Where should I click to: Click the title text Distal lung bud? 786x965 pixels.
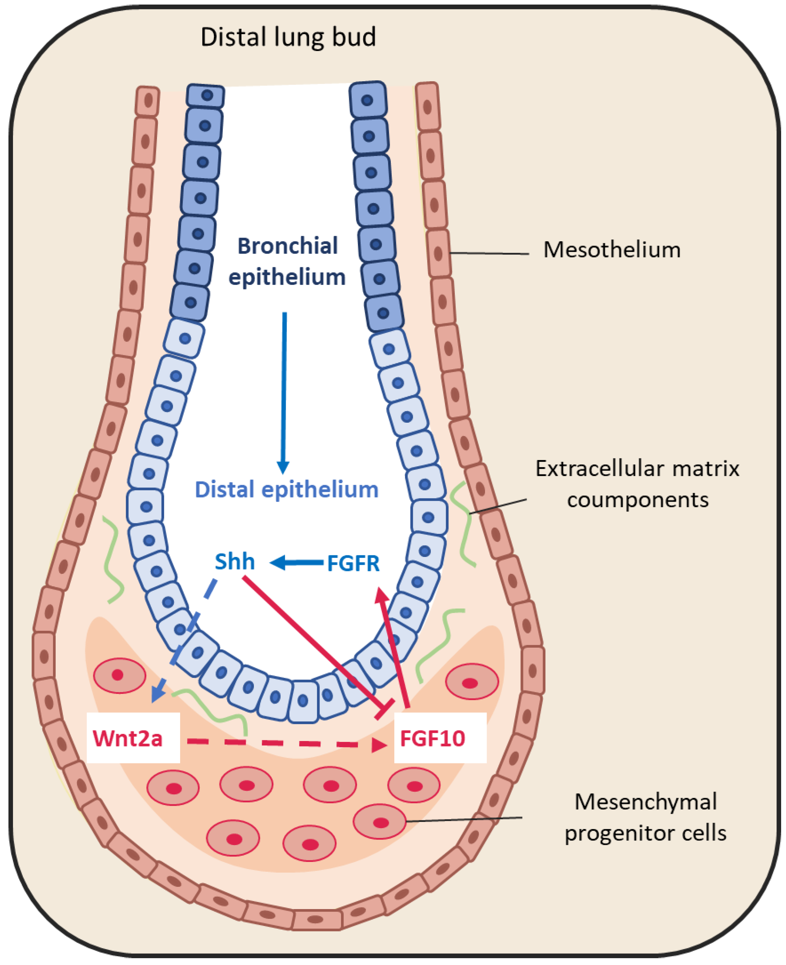[x=288, y=37]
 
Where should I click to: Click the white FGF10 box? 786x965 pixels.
[x=440, y=738]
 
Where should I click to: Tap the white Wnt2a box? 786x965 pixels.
[x=133, y=738]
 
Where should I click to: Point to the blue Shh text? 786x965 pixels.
[x=235, y=562]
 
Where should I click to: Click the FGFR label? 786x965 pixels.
[x=353, y=564]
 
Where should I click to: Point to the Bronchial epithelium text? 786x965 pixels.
[x=287, y=261]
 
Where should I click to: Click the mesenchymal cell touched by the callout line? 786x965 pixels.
[x=379, y=821]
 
